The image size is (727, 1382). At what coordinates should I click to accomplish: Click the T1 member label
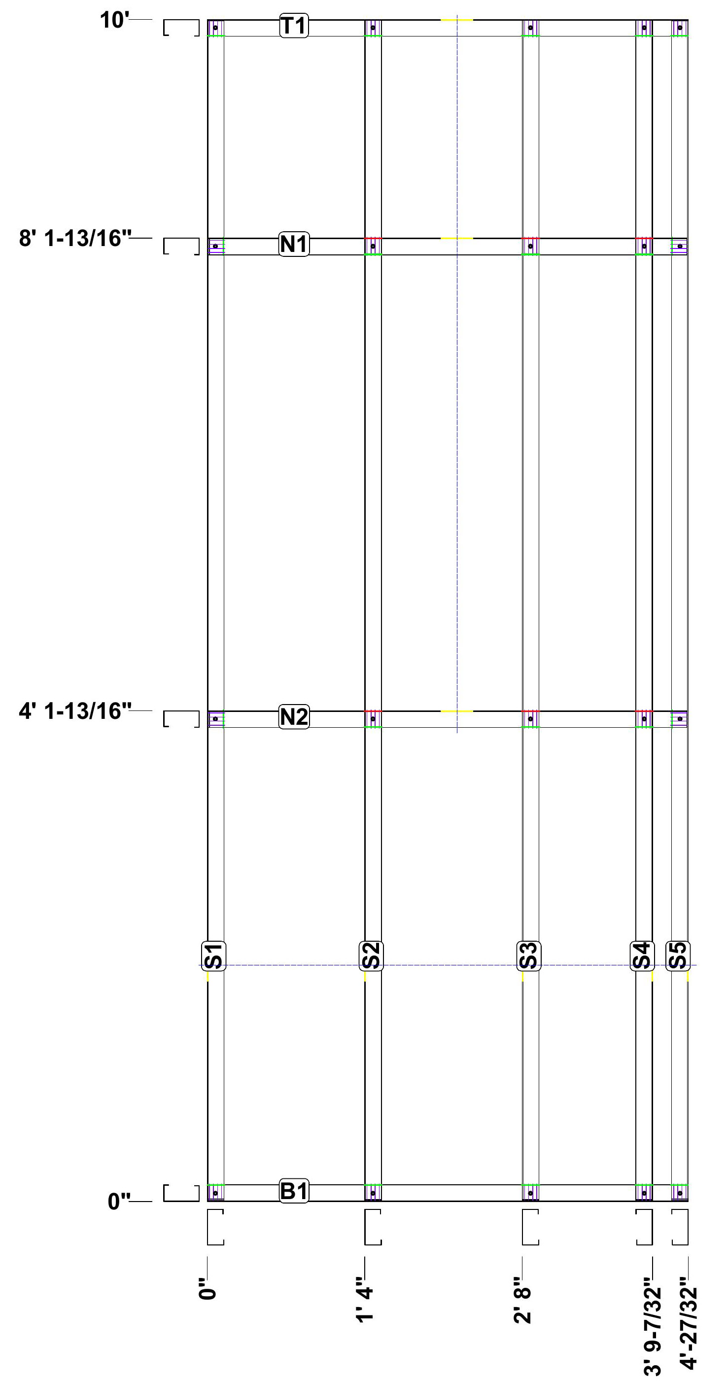pos(294,26)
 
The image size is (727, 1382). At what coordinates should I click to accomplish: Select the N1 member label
pos(294,244)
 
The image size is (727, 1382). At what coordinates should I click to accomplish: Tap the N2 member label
pos(294,717)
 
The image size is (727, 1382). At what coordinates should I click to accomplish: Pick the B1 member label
pos(294,1191)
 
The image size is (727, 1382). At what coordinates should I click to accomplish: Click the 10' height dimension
pos(115,20)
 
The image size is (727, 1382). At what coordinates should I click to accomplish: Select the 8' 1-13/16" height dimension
pos(75,238)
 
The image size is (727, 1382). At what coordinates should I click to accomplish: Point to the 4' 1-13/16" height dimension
pos(75,711)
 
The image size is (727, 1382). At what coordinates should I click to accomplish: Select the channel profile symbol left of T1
pos(181,28)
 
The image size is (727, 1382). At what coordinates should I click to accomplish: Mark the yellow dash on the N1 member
pos(457,238)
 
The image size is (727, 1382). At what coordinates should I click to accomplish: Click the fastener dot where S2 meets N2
pos(373,718)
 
